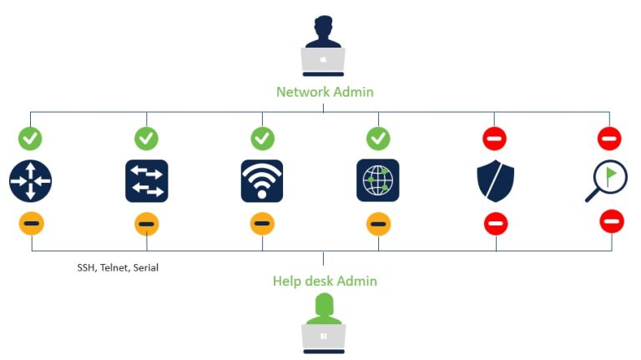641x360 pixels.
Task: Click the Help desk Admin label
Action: pyautogui.click(x=325, y=281)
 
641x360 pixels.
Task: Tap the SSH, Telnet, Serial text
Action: pyautogui.click(x=117, y=268)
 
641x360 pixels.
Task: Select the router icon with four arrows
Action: pyautogui.click(x=31, y=180)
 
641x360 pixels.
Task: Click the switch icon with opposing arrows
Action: pyautogui.click(x=147, y=180)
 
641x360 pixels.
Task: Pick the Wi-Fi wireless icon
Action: pyautogui.click(x=262, y=180)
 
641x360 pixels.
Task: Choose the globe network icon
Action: pyautogui.click(x=378, y=180)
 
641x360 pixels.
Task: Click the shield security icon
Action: pyautogui.click(x=495, y=181)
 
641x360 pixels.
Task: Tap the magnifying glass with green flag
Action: pyautogui.click(x=606, y=181)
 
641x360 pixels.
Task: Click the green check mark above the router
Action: pyautogui.click(x=31, y=138)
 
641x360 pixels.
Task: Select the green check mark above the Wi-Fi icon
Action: pyautogui.click(x=262, y=138)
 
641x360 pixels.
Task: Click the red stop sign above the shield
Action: pyautogui.click(x=494, y=138)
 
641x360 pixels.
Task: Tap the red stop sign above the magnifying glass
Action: pyautogui.click(x=609, y=138)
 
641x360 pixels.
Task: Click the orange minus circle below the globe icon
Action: pyautogui.click(x=378, y=224)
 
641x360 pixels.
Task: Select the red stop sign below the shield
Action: pyautogui.click(x=496, y=224)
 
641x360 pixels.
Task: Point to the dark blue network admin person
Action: pyautogui.click(x=323, y=31)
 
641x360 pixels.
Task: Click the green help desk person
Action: pyautogui.click(x=323, y=308)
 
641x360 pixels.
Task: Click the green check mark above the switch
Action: pyautogui.click(x=147, y=138)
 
